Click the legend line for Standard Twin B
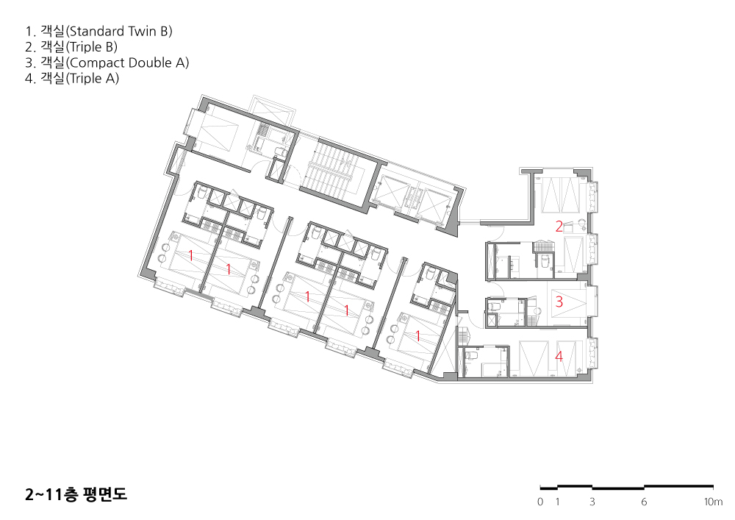[99, 32]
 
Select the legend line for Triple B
[71, 47]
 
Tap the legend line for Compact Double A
[107, 63]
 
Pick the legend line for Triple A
[72, 78]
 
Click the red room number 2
[559, 227]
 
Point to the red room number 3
[559, 301]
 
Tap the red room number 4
[559, 357]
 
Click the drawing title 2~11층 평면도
[76, 494]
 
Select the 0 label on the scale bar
[540, 502]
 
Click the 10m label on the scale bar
[713, 502]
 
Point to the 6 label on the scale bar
[644, 502]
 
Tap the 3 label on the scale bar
[592, 502]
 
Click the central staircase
[333, 173]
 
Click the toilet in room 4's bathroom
[472, 355]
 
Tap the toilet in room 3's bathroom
[492, 306]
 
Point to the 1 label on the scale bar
[557, 502]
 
